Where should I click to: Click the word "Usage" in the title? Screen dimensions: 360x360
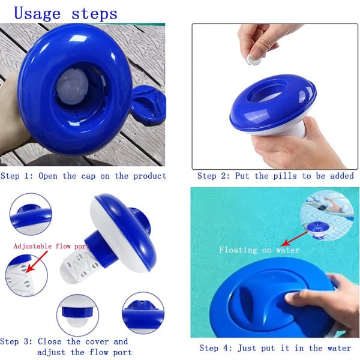pyautogui.click(x=37, y=14)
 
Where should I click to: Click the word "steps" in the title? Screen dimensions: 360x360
pyautogui.click(x=94, y=14)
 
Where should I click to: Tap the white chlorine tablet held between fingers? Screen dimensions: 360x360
pyautogui.click(x=254, y=59)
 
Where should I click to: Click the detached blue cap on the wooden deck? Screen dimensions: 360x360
pyautogui.click(x=148, y=105)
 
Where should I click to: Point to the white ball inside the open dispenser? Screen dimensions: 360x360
pyautogui.click(x=72, y=86)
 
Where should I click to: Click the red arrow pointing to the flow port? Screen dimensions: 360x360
pyautogui.click(x=37, y=262)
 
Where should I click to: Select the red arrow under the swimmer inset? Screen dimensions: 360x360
pyautogui.click(x=295, y=239)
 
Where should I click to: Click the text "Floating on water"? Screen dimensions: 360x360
pyautogui.click(x=259, y=250)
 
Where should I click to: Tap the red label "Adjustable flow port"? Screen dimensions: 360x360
pyautogui.click(x=51, y=246)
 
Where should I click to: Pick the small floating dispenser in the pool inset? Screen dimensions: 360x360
pyautogui.click(x=318, y=230)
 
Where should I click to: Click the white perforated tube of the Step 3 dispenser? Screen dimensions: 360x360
pyautogui.click(x=79, y=266)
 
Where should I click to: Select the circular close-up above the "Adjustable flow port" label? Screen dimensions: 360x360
pyautogui.click(x=31, y=214)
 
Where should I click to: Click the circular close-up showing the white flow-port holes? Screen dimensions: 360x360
pyautogui.click(x=26, y=275)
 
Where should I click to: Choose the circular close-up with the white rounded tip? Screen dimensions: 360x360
pyautogui.click(x=77, y=315)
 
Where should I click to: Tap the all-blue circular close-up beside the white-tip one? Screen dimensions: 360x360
pyautogui.click(x=143, y=313)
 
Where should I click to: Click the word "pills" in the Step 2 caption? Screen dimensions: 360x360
pyautogui.click(x=284, y=176)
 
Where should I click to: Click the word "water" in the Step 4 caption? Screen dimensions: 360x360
pyautogui.click(x=339, y=348)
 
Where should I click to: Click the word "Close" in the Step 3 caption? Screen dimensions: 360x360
pyautogui.click(x=50, y=341)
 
